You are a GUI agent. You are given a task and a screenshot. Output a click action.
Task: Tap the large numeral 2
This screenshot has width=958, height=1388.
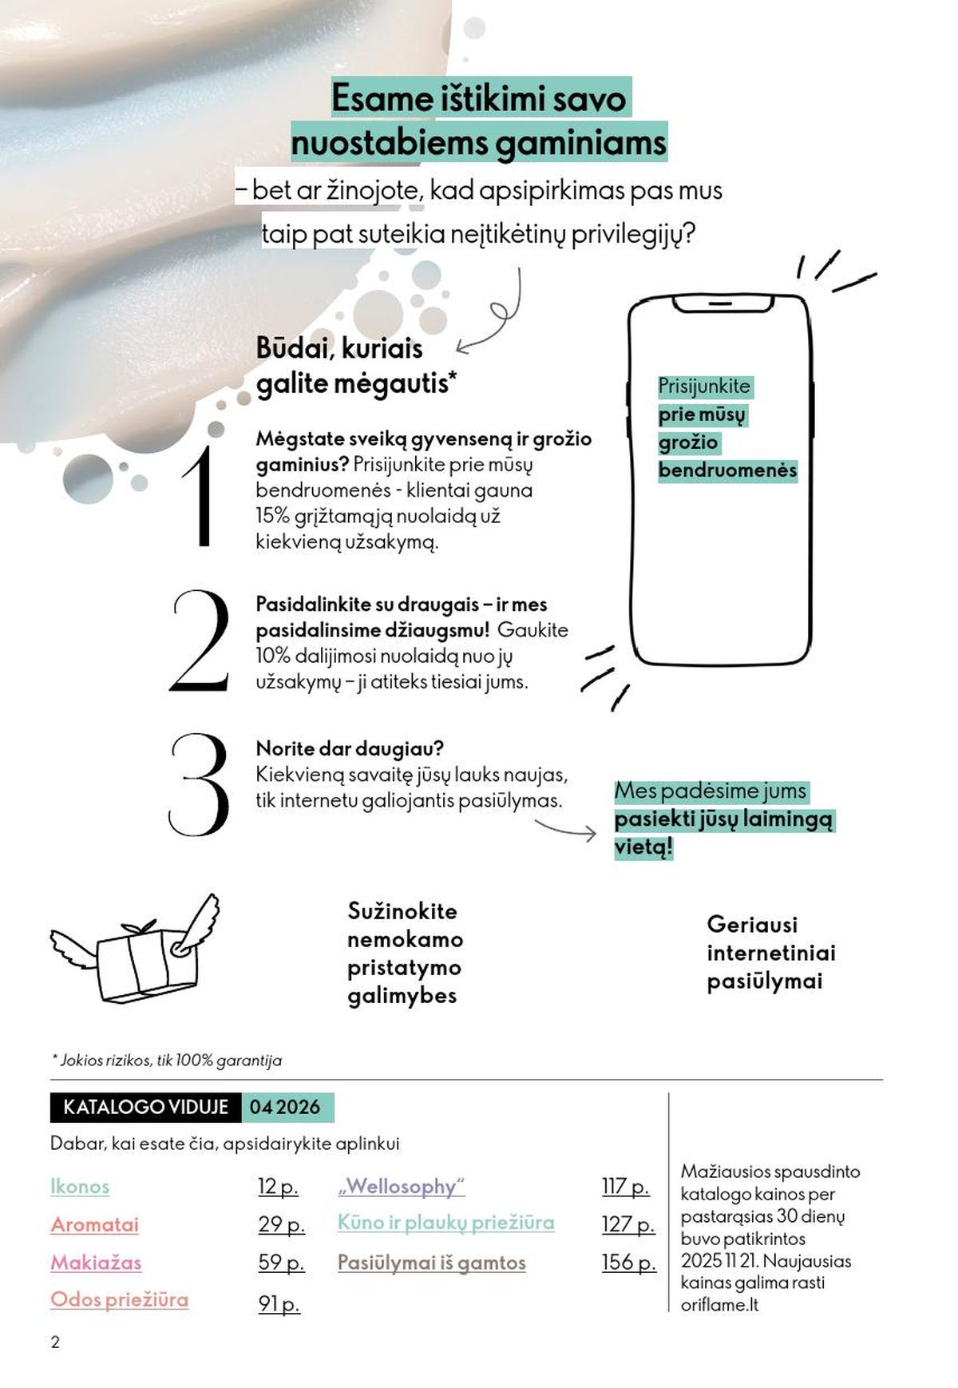click(200, 640)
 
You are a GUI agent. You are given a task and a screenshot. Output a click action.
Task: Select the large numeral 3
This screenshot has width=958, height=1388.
click(200, 784)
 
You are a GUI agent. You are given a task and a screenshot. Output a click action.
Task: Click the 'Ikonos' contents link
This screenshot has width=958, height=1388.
click(80, 1187)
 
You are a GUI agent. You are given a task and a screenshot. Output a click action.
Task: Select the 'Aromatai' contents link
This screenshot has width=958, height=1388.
click(94, 1224)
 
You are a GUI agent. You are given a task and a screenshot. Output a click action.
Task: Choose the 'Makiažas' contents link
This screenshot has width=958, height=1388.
click(96, 1263)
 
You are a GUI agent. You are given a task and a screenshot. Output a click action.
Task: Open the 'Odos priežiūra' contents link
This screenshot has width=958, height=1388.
click(120, 1300)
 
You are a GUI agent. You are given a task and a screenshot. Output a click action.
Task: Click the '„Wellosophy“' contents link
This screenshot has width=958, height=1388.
click(402, 1187)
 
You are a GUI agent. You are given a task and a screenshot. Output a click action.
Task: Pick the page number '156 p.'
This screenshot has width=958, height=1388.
click(628, 1263)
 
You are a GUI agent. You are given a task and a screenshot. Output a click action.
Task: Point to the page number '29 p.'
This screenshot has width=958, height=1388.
click(281, 1224)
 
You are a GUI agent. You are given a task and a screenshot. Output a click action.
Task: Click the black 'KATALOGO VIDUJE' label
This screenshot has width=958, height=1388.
click(145, 1108)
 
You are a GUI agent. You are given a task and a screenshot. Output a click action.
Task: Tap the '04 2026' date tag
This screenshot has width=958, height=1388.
click(285, 1108)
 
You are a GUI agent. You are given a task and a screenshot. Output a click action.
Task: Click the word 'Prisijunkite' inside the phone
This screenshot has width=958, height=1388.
click(704, 387)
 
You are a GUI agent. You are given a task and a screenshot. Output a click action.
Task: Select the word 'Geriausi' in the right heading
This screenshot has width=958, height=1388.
click(752, 925)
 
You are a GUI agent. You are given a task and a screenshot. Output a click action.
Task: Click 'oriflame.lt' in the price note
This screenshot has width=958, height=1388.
click(719, 1305)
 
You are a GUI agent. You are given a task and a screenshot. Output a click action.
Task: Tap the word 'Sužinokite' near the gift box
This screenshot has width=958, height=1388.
click(402, 911)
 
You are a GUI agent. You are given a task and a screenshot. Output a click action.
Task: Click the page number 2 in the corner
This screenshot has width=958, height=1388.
click(55, 1342)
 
